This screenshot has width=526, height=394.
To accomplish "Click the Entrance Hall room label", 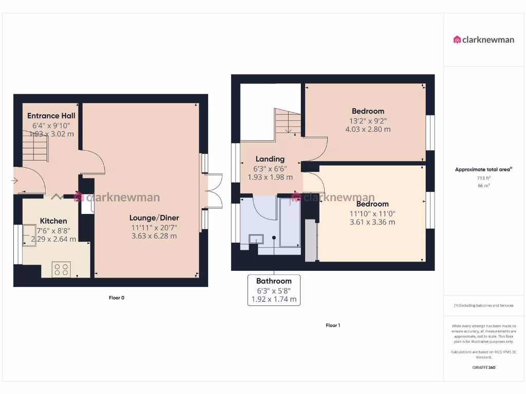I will coord(51,115).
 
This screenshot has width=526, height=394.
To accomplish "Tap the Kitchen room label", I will coord(53,221).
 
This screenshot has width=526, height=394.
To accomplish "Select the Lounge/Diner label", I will coord(154,218).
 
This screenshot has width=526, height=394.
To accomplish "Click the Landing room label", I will coord(270,159).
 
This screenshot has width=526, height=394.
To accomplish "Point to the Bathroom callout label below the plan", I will coord(274,281).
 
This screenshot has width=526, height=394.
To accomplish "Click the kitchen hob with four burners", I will coord(62,269).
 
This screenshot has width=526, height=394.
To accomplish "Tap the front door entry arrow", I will coord(14,181).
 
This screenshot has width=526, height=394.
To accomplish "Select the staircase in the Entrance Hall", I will coord(35,146).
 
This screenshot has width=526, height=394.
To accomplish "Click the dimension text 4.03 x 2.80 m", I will coord(368,129).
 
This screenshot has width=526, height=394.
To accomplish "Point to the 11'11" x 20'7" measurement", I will coord(154,227).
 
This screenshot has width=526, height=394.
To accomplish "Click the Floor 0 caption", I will coord(117,298).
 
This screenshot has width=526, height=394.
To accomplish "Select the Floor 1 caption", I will coord(333,325).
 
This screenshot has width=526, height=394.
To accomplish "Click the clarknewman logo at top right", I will coord(484,40).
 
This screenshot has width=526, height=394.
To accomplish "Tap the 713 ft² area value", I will coord(483,178).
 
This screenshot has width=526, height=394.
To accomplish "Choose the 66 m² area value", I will coord(483,186).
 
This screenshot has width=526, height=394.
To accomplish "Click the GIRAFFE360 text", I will coord(483,367).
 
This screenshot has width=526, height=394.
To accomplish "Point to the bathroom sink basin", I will coord(255,239).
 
